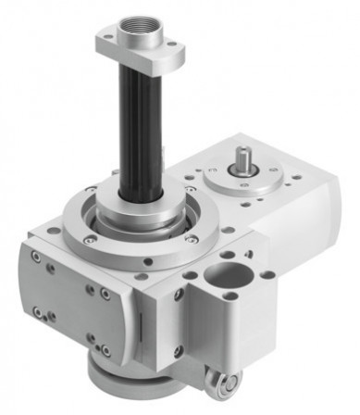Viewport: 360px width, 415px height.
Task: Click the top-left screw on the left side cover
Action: coord(35,257)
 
